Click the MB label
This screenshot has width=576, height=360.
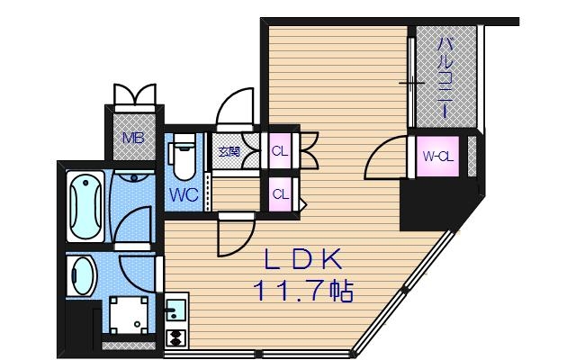133,139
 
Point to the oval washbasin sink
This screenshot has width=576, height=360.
84,274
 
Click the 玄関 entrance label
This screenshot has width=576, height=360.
228,152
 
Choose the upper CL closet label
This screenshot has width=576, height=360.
280,151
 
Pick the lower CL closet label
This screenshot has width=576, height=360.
280,193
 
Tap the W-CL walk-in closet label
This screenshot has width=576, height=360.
438,157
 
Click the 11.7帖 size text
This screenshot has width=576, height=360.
302,292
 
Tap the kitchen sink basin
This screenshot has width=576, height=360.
175,312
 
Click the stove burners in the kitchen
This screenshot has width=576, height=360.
175,339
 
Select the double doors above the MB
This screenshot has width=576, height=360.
133,94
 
